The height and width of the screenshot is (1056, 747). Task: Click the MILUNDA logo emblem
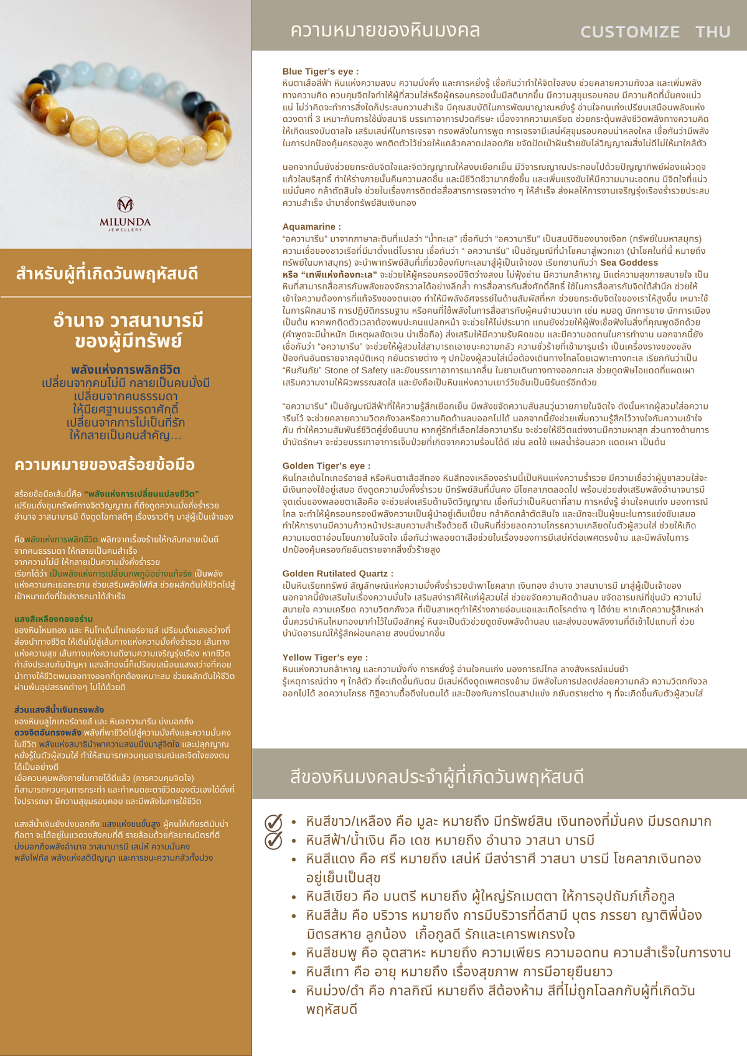point(125,204)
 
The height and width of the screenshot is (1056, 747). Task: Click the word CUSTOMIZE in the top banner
point(630,32)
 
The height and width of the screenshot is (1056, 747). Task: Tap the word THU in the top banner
point(713,32)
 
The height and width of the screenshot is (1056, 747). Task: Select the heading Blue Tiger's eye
point(321,72)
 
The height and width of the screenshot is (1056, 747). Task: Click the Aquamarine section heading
point(312,227)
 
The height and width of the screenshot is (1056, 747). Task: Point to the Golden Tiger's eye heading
point(326,465)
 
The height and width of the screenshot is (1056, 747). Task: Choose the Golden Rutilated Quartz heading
point(338,573)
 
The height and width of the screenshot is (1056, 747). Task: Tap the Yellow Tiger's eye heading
point(325,657)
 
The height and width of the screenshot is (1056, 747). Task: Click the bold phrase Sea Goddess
point(629,263)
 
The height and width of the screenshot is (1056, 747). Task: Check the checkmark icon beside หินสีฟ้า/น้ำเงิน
point(273,841)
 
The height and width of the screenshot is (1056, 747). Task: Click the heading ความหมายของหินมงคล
point(385,30)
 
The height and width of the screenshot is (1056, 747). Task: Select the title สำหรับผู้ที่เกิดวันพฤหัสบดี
point(107,274)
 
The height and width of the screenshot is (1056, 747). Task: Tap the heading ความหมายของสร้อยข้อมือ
point(105,465)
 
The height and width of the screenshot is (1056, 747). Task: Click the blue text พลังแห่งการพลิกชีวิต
point(125,370)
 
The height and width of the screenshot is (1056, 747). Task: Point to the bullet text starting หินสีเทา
point(459,971)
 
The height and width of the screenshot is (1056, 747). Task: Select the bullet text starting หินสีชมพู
point(518,953)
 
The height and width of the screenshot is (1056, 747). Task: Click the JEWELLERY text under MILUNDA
point(125,230)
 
